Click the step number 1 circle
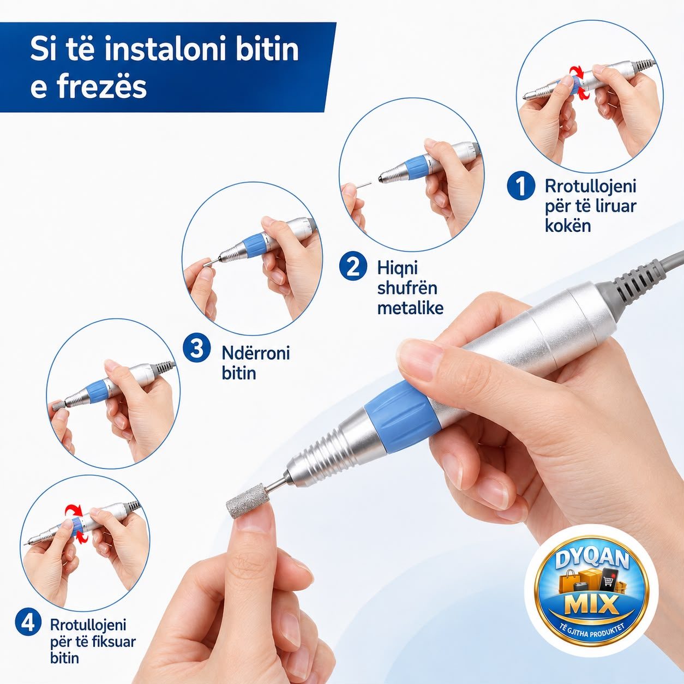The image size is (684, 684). coord(521,185)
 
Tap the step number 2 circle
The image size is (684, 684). coord(353,267)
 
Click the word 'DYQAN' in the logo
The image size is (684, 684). coord(592,561)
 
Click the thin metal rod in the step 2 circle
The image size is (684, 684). coord(364,184)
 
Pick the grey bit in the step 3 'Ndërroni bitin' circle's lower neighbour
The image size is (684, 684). coord(57,405)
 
